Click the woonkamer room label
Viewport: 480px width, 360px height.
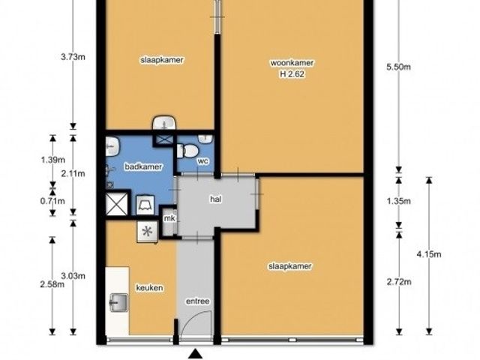pyautogui.click(x=292, y=63)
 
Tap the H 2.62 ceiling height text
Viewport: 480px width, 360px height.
pyautogui.click(x=292, y=74)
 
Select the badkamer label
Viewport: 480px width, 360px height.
pyautogui.click(x=143, y=166)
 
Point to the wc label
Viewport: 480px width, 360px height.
pyautogui.click(x=203, y=161)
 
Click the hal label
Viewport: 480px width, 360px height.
pyautogui.click(x=216, y=199)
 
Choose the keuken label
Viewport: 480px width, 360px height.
pyautogui.click(x=149, y=288)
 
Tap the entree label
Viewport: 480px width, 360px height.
pyautogui.click(x=198, y=301)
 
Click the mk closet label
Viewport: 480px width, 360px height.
pyautogui.click(x=169, y=218)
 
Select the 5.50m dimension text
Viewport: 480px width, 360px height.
pyautogui.click(x=398, y=67)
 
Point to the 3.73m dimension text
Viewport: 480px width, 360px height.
pyautogui.click(x=73, y=57)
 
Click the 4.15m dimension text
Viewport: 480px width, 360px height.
pyautogui.click(x=429, y=254)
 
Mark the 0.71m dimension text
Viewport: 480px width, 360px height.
pyautogui.click(x=52, y=201)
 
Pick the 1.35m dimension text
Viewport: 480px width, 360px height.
pyautogui.click(x=398, y=201)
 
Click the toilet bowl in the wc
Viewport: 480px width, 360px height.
pyautogui.click(x=188, y=151)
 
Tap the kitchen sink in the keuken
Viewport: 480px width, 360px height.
pyautogui.click(x=118, y=302)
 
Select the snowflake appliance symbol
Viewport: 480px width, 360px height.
pyautogui.click(x=147, y=232)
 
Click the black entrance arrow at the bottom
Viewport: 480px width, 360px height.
pyautogui.click(x=195, y=354)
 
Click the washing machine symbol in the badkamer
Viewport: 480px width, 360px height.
pyautogui.click(x=145, y=205)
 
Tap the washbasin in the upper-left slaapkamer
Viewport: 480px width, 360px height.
pyautogui.click(x=164, y=123)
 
